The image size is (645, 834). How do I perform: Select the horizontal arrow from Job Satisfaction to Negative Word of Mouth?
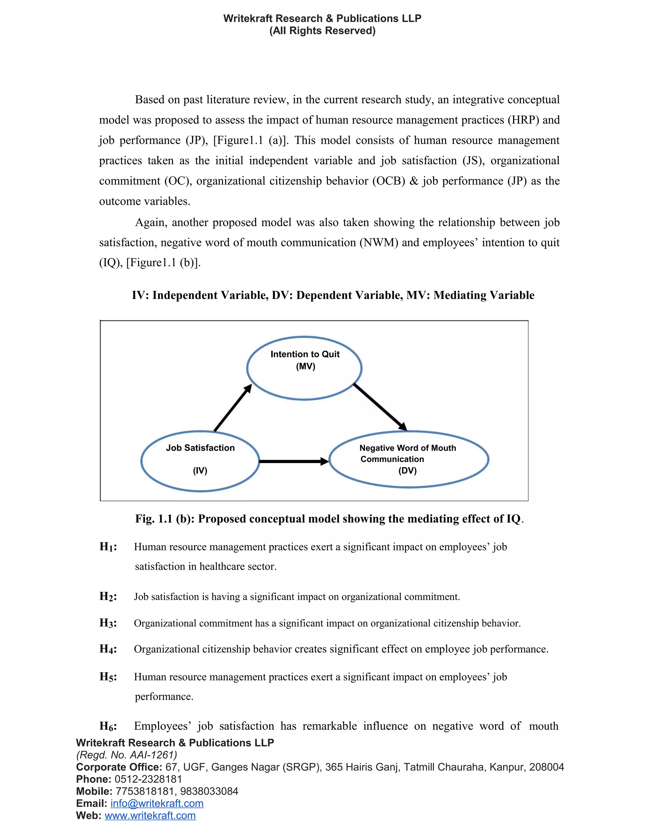294,461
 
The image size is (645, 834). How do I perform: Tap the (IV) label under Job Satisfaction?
200,471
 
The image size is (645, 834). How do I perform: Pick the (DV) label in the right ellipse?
407,471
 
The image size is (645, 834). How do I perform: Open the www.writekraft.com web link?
150,815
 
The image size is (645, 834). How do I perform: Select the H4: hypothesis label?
108,649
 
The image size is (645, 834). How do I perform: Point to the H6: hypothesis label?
108,726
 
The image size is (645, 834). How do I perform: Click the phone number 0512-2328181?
148,779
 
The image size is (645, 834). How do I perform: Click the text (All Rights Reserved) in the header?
322,31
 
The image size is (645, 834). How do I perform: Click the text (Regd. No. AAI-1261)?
127,755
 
